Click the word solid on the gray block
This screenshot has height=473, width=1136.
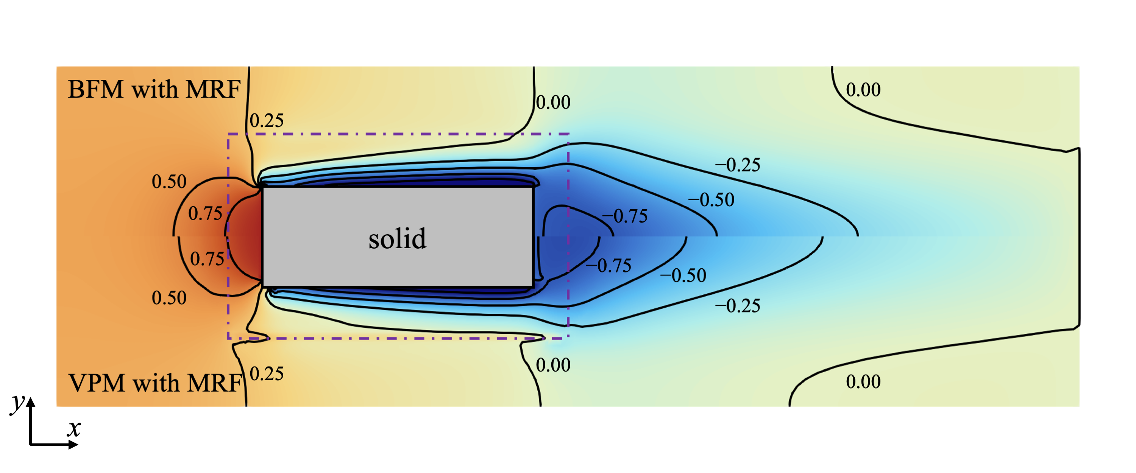click(x=397, y=238)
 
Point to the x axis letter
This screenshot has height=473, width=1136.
click(x=74, y=428)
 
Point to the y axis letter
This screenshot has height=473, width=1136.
click(x=18, y=403)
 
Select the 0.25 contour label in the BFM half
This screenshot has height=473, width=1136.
click(x=267, y=120)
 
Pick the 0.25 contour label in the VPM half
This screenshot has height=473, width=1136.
click(x=267, y=374)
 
